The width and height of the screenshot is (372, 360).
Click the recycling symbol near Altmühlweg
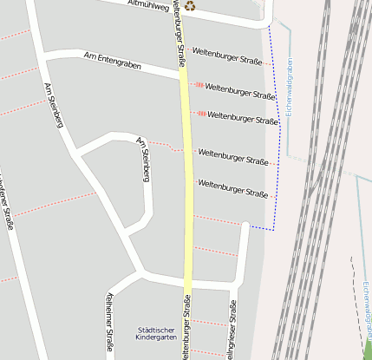point(190,6)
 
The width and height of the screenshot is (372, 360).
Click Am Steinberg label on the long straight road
point(54,105)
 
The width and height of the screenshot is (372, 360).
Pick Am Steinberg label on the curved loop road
point(145,159)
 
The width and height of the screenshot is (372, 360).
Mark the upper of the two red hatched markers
point(199,85)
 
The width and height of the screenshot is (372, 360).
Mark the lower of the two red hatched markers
point(201,113)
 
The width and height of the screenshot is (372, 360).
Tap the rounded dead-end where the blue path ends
point(245,226)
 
